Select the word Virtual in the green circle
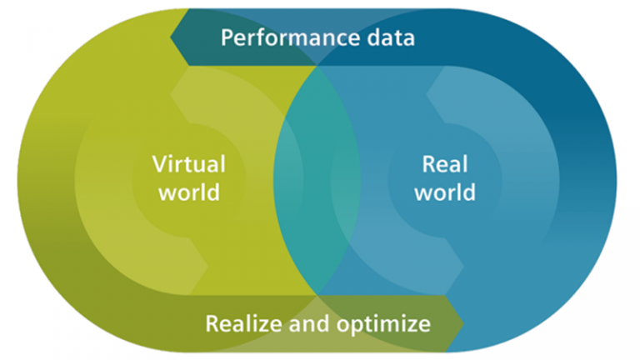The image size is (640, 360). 188,163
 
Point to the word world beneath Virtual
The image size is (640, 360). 188,192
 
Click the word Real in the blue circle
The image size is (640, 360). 445,163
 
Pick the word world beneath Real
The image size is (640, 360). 445,192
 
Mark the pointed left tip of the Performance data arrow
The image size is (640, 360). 171,38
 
